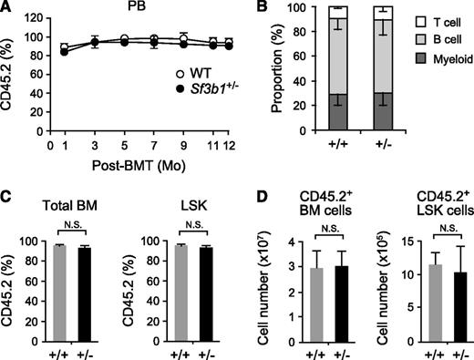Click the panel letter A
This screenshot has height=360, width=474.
coord(8,9)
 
